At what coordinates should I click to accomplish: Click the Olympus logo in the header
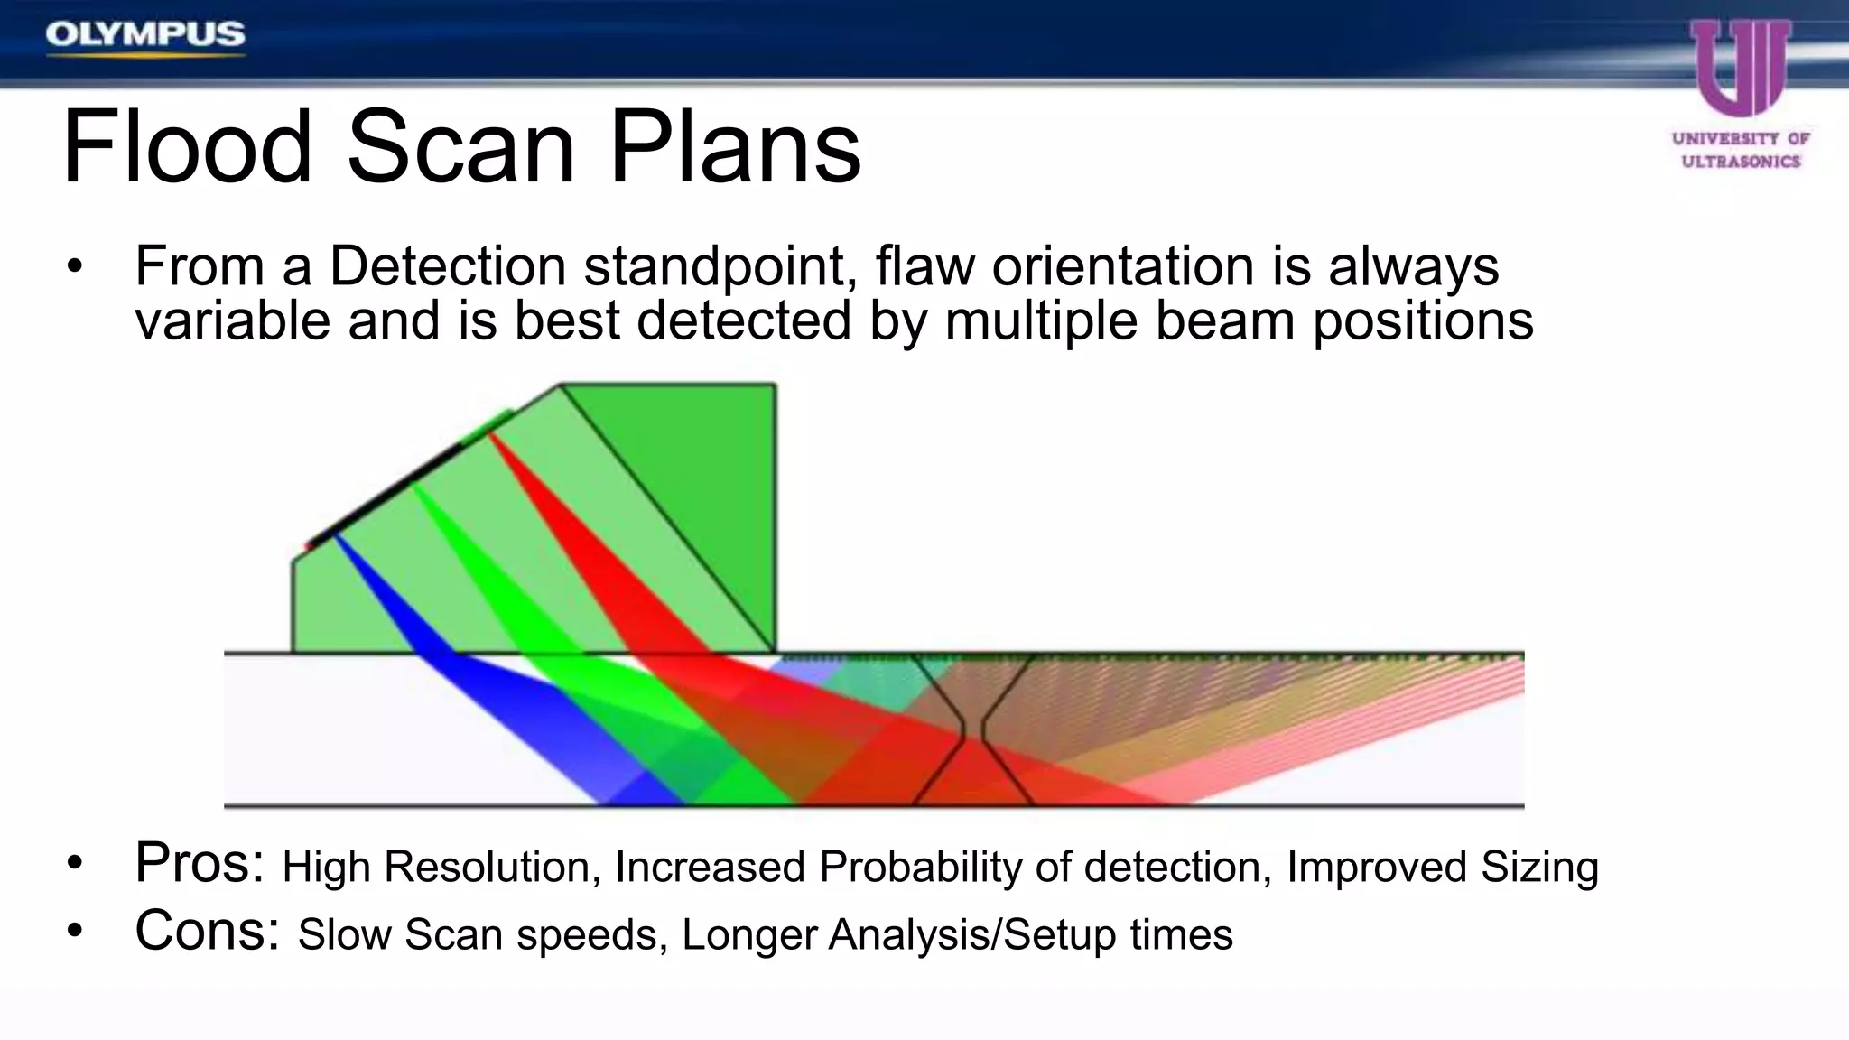(x=145, y=35)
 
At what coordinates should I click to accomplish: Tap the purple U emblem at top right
(x=1741, y=68)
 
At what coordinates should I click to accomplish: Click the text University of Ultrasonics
(x=1741, y=150)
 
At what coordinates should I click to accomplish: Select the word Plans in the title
(x=735, y=147)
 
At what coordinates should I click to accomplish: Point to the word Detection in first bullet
(x=447, y=266)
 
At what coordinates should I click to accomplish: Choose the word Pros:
(x=200, y=862)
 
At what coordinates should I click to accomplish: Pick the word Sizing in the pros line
(x=1539, y=867)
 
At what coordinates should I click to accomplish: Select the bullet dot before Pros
(x=74, y=864)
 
